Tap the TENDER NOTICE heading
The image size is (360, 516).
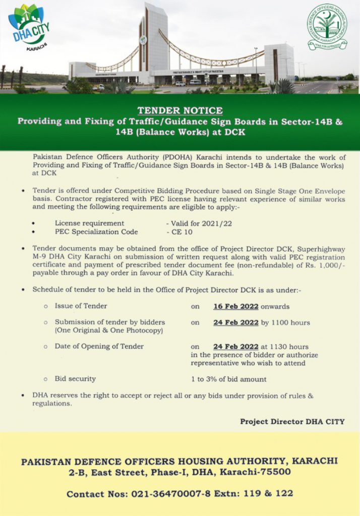(x=180, y=110)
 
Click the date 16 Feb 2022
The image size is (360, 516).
(x=235, y=306)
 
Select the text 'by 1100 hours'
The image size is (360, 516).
(x=285, y=322)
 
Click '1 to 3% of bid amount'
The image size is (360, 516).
(x=228, y=379)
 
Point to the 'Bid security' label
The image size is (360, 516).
(x=75, y=378)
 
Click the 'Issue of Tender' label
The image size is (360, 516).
(x=81, y=306)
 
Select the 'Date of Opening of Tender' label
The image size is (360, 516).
(x=99, y=346)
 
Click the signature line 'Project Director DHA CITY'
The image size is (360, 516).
(x=292, y=422)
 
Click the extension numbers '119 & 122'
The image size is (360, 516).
(x=269, y=494)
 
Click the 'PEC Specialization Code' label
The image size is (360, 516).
(x=96, y=232)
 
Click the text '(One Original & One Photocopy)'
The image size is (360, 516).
(x=108, y=331)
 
